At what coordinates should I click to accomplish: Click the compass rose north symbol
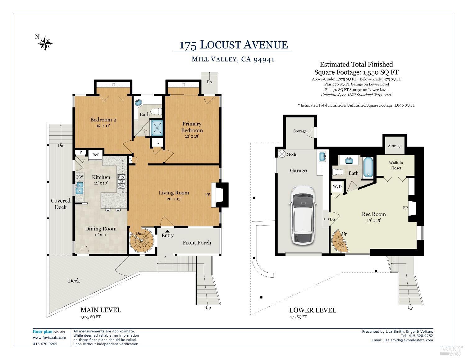(x=45, y=43)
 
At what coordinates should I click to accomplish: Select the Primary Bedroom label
(x=192, y=127)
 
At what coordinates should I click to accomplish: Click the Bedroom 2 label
(x=103, y=120)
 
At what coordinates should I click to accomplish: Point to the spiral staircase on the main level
(x=142, y=241)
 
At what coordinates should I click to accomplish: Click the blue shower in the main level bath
(x=157, y=128)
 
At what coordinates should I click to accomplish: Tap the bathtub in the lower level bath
(x=368, y=167)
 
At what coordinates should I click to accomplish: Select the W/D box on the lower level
(x=337, y=187)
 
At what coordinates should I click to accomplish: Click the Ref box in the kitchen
(x=95, y=155)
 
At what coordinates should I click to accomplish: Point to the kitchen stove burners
(x=121, y=181)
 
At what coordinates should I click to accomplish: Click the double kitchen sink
(x=80, y=188)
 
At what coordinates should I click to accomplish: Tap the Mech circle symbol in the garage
(x=281, y=154)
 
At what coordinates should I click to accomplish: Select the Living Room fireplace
(x=220, y=195)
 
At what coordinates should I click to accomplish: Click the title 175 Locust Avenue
(x=233, y=45)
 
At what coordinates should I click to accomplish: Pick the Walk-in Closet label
(x=395, y=166)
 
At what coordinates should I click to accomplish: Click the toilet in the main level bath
(x=156, y=111)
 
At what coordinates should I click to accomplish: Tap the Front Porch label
(x=197, y=243)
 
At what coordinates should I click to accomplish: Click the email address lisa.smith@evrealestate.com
(x=408, y=340)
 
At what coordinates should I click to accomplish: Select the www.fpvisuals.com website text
(x=49, y=338)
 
